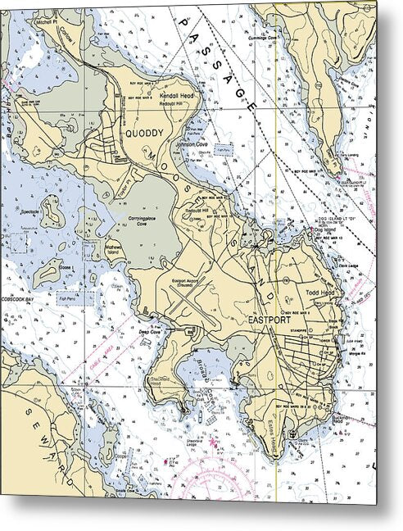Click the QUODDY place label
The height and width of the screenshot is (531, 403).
pos(144,131)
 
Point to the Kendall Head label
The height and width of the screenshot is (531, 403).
pos(175,95)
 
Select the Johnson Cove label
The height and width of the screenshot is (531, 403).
pos(192,145)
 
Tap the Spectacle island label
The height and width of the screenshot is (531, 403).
pos(35,211)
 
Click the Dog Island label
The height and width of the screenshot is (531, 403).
pos(324,230)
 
